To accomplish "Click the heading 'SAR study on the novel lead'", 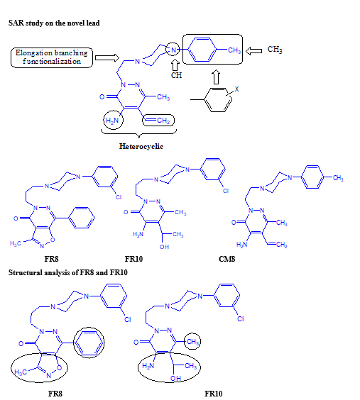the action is (x=54, y=23).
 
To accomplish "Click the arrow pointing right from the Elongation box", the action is (x=107, y=57).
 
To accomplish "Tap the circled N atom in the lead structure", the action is (x=173, y=50).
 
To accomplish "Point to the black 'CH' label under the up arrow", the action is (x=176, y=75).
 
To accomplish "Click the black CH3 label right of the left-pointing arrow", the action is (x=275, y=49).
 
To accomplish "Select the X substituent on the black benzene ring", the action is (x=236, y=89).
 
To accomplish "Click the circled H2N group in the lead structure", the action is (x=112, y=120).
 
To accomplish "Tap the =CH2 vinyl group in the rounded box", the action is (x=158, y=120).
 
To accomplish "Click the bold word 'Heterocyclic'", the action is (x=141, y=146).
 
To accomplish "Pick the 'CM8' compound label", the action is (x=227, y=259).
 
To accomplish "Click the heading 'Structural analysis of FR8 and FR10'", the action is (x=68, y=272).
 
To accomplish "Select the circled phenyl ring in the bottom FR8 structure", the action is (x=89, y=343).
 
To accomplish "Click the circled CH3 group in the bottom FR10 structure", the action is (x=192, y=341).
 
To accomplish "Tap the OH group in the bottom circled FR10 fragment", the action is (x=175, y=378).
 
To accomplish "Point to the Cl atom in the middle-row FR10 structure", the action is (x=226, y=191).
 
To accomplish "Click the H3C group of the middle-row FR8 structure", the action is (x=16, y=243).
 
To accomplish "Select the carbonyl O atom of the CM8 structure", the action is (x=234, y=223).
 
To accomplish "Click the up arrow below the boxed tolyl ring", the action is (x=216, y=77).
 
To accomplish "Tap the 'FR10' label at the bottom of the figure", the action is (x=214, y=394).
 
